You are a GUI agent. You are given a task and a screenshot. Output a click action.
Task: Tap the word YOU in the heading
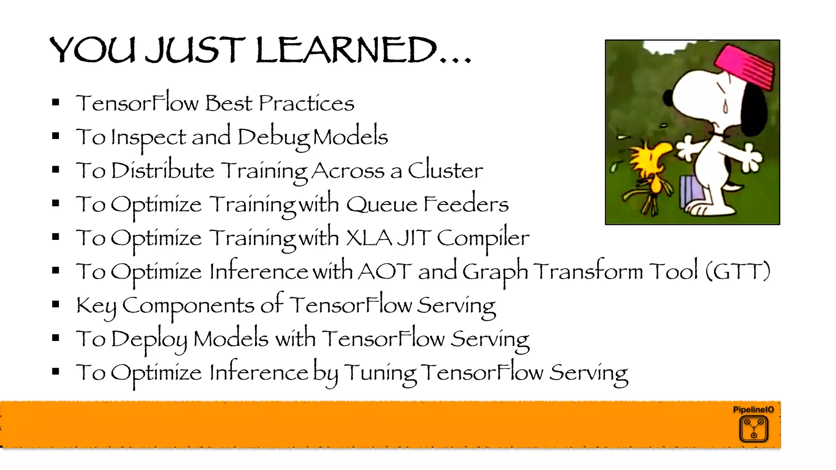pos(92,51)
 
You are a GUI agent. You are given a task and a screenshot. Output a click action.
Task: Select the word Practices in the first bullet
pos(306,104)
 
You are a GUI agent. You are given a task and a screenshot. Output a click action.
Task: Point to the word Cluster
pos(445,171)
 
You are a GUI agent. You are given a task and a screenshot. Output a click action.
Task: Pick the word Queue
pos(381,204)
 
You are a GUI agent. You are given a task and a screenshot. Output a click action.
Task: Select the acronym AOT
pos(385,272)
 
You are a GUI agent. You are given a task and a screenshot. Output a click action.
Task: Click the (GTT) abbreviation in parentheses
pos(738,272)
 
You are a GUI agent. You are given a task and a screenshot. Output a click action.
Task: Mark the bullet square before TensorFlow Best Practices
pos(56,103)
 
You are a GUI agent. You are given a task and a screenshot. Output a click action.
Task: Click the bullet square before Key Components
pos(56,304)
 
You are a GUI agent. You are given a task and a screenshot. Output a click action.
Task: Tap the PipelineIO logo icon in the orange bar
pos(754,429)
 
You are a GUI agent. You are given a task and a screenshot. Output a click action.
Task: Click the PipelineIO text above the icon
pos(753,410)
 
